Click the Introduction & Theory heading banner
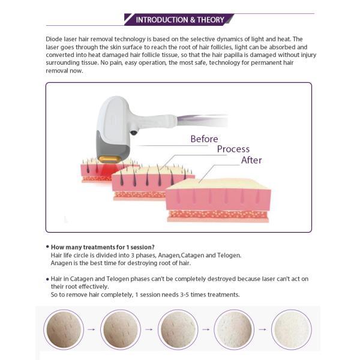tap(179, 20)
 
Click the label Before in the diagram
tap(204, 139)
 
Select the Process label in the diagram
tap(233, 149)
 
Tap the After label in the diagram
tap(251, 160)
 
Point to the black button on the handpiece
tap(133, 133)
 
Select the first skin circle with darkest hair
tap(64, 329)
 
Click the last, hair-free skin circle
tap(292, 329)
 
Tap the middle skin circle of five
tap(178, 329)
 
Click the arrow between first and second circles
tap(91, 329)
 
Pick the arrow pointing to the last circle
tap(263, 329)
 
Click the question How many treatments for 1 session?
tap(103, 247)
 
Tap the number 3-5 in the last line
tap(184, 295)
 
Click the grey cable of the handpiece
tap(202, 120)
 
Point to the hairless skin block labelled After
tap(218, 200)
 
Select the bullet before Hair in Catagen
tap(47, 279)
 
